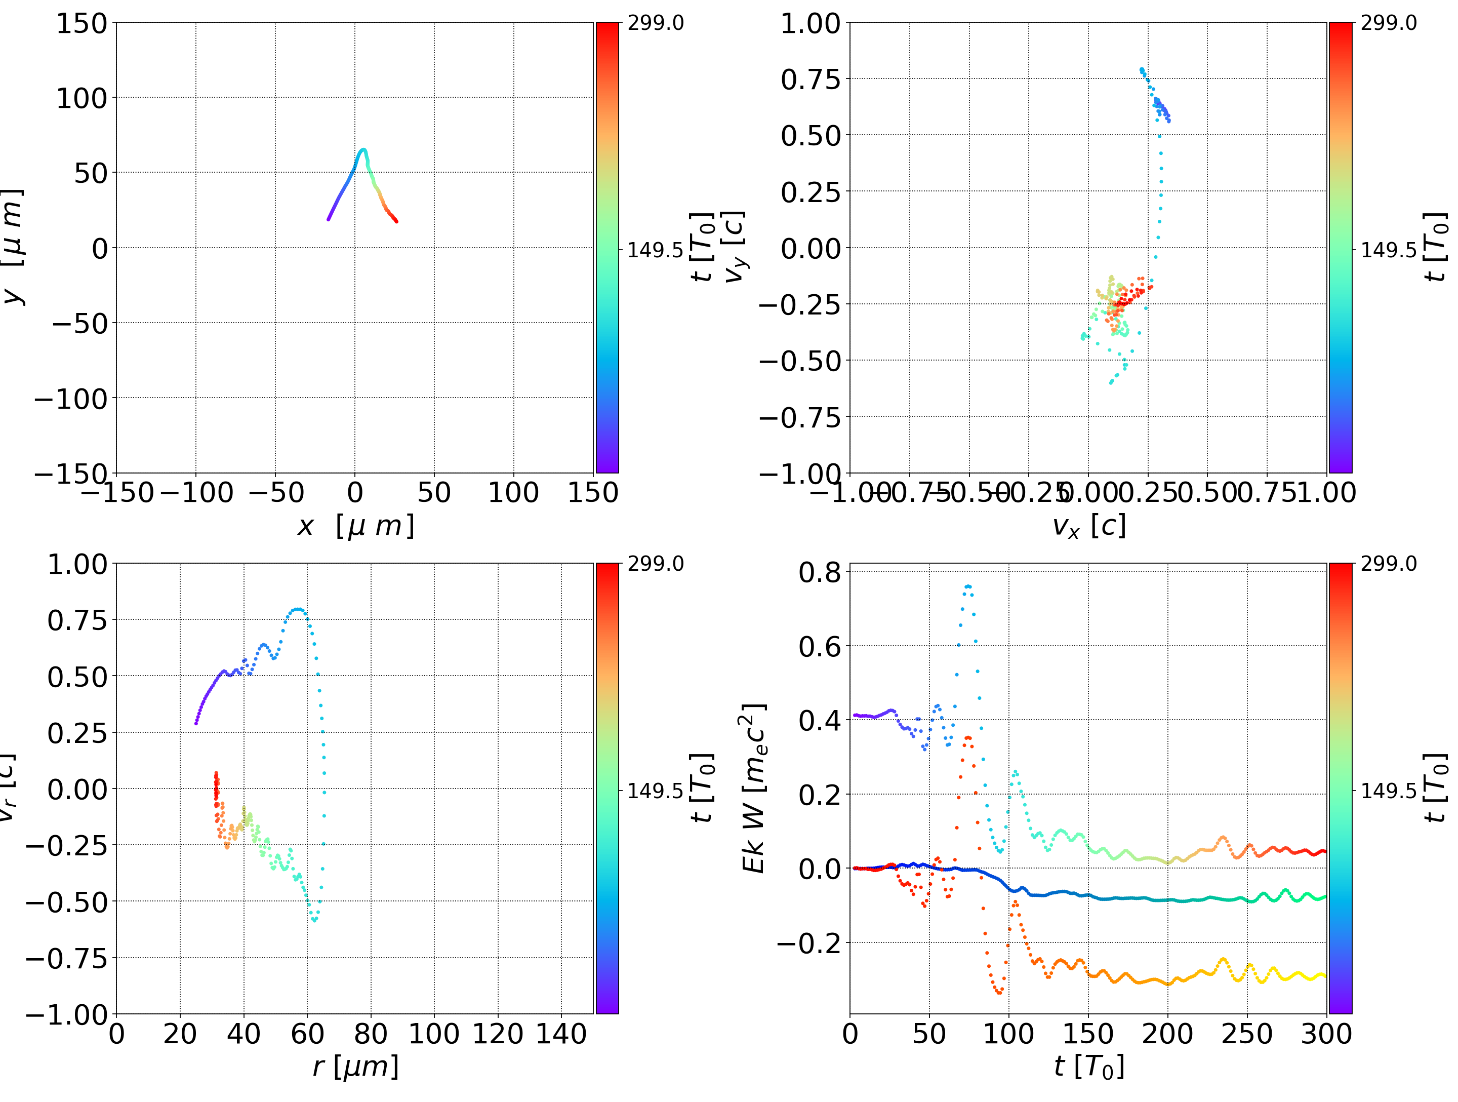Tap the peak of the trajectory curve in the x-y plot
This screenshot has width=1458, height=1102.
coord(362,150)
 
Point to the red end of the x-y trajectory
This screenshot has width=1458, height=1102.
coord(396,221)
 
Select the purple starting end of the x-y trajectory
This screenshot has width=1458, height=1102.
coord(328,219)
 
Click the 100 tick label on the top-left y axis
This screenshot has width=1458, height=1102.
coord(81,98)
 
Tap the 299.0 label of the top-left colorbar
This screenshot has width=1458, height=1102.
coord(655,23)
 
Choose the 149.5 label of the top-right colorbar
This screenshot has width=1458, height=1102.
coord(1388,250)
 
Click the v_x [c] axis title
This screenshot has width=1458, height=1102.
coord(1088,526)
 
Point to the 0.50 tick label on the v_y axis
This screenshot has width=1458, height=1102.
coord(811,136)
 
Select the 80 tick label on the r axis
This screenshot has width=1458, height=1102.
coord(371,1034)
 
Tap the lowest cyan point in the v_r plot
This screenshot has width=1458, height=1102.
coord(315,920)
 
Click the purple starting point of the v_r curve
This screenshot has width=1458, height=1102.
coord(196,724)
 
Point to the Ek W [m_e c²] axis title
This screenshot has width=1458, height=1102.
coord(753,788)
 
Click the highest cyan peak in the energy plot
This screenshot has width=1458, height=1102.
coord(967,585)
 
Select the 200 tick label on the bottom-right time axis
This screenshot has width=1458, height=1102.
coord(1167,1034)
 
